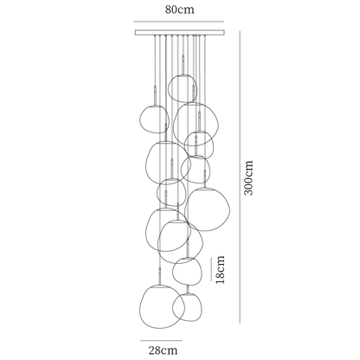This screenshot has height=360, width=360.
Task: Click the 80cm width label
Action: point(179,10)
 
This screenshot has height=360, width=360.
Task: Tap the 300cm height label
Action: point(250,177)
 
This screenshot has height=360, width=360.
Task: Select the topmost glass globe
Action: point(183,87)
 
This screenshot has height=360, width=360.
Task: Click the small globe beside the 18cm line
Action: point(187,270)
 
